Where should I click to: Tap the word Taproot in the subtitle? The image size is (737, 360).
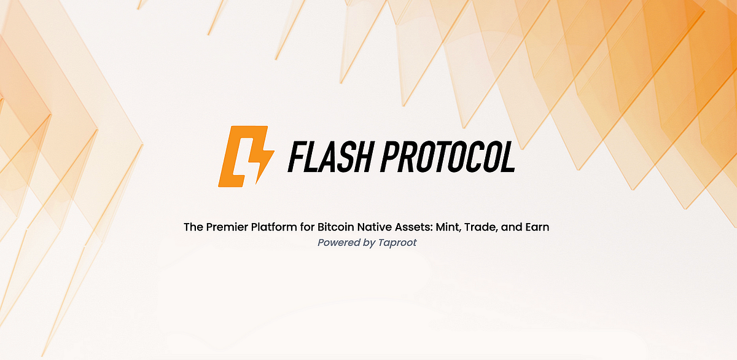click(397, 243)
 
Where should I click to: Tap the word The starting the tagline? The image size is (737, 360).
click(193, 227)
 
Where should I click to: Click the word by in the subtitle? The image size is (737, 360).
click(368, 243)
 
